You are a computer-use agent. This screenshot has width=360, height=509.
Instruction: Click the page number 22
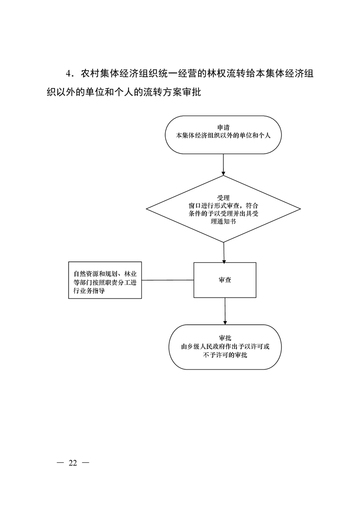[x=73, y=463]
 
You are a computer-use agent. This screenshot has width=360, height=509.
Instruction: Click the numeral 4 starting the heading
[x=68, y=73]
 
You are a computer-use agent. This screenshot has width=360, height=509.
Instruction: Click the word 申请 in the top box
[x=223, y=127]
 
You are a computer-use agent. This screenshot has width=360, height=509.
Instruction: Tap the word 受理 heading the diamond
[x=223, y=198]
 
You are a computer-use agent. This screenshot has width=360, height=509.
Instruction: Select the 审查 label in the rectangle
[x=225, y=280]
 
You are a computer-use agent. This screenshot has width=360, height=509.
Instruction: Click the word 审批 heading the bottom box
[x=225, y=338]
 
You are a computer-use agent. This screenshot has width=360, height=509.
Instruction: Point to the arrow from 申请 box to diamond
[x=223, y=165]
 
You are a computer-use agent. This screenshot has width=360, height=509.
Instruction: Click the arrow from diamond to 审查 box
[x=224, y=252]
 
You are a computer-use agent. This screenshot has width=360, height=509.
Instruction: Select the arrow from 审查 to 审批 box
[x=225, y=311]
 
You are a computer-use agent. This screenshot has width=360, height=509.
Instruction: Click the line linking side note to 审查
[x=168, y=280]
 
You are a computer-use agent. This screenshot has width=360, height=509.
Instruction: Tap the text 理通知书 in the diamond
[x=223, y=222]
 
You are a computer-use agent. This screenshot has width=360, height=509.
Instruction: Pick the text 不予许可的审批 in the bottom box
[x=225, y=355]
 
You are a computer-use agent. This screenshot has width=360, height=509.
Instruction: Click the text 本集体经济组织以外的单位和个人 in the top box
[x=223, y=136]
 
